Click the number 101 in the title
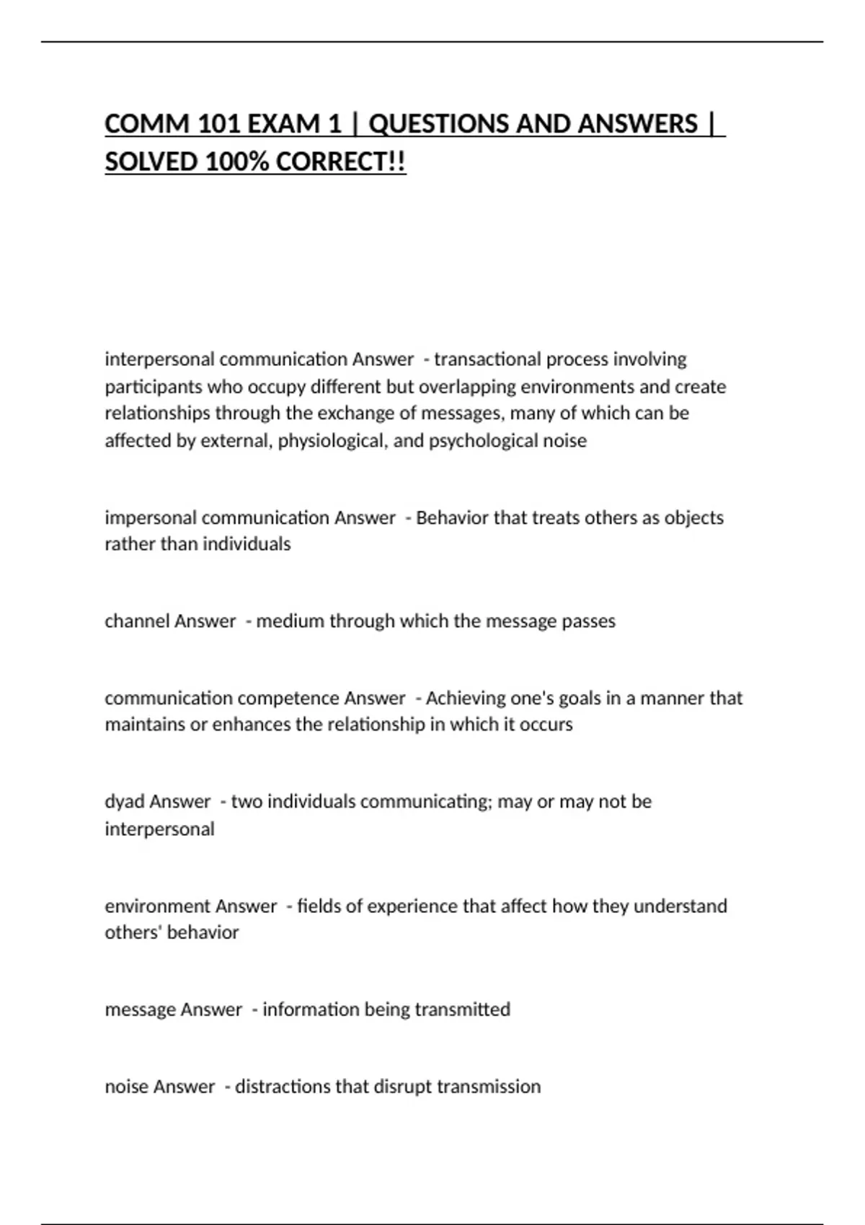point(220,124)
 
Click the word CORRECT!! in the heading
point(341,162)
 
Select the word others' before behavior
point(134,932)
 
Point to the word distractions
point(283,1086)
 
